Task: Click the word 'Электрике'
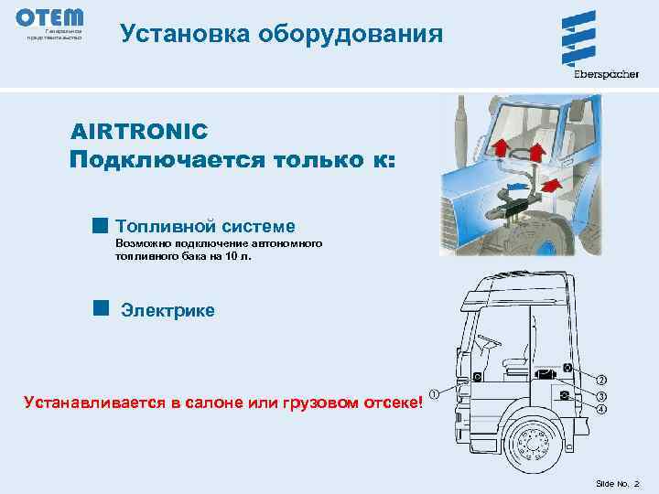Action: tap(167, 311)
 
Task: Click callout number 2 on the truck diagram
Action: tap(600, 380)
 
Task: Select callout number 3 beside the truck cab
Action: tap(600, 396)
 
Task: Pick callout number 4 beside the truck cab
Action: tap(600, 410)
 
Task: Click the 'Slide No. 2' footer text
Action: tap(618, 482)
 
